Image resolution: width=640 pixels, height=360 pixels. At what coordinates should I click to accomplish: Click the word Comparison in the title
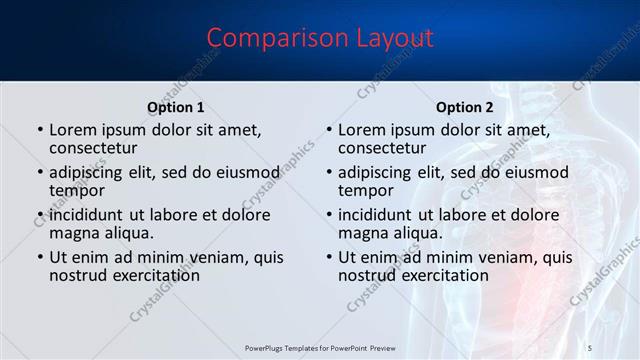pyautogui.click(x=267, y=38)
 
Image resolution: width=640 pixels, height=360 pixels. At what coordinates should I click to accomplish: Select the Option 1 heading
pyautogui.click(x=176, y=107)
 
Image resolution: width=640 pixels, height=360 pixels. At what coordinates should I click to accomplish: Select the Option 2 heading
pyautogui.click(x=465, y=107)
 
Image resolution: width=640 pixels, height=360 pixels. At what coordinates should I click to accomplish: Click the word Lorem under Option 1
pyautogui.click(x=74, y=130)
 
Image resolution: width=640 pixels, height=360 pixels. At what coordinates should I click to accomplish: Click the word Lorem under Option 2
pyautogui.click(x=363, y=130)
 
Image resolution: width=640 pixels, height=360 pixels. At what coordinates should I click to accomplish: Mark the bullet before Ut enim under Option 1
pyautogui.click(x=40, y=257)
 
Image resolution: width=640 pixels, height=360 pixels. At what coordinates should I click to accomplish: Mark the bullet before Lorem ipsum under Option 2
pyautogui.click(x=329, y=130)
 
